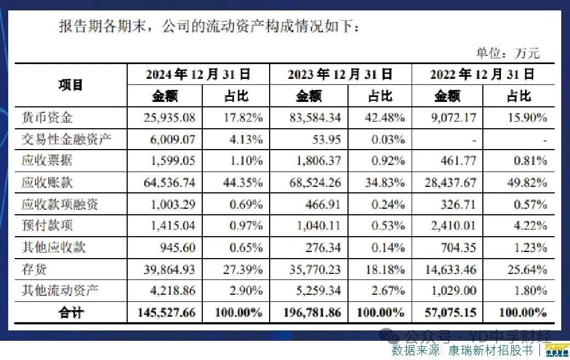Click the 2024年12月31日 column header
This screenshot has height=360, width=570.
tap(198, 75)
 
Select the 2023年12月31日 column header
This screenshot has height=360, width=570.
tap(340, 75)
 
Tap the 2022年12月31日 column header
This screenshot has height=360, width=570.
tap(482, 75)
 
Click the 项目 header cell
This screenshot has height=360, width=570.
tap(71, 85)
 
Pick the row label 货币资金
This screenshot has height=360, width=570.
tap(47, 117)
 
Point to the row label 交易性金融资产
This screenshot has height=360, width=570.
tap(66, 139)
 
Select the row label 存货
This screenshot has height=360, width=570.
tap(35, 269)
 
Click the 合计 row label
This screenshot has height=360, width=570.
tap(71, 313)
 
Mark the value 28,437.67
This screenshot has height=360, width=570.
tap(450, 182)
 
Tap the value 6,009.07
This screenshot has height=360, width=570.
tap(172, 139)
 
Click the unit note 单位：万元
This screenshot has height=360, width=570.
tap(508, 53)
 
